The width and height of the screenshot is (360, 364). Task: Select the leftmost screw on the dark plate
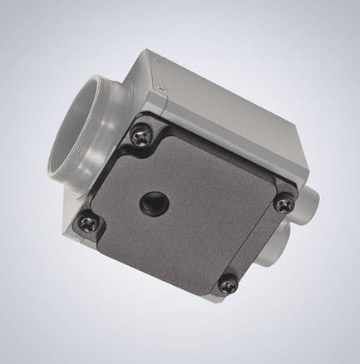coord(86,221)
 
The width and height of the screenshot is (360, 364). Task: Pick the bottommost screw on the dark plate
coord(227,284)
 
